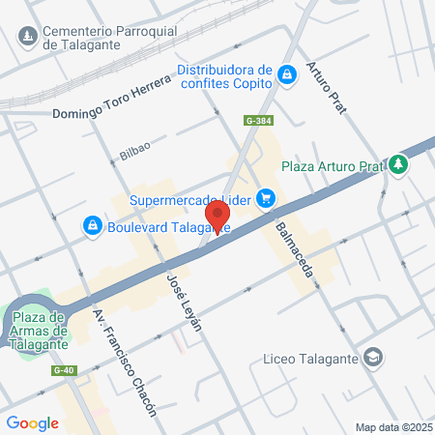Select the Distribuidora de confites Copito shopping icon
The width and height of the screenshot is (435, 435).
click(286, 75)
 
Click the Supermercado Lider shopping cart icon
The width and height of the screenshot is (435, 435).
click(267, 199)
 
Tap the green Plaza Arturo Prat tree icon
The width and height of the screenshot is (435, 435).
click(398, 164)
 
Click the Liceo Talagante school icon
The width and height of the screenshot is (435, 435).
click(372, 359)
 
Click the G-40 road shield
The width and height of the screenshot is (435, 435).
click(64, 370)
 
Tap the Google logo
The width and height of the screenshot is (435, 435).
click(33, 422)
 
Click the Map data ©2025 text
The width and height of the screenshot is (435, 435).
click(393, 427)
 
